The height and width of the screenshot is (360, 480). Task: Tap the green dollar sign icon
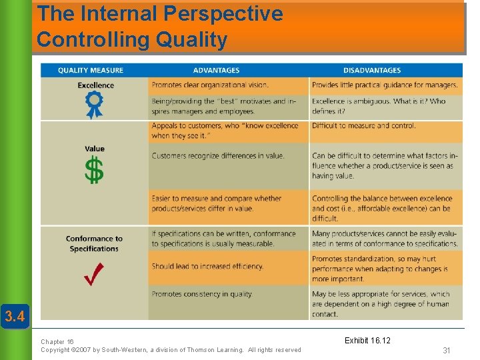pos(94,171)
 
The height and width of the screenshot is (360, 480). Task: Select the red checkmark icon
pos(94,273)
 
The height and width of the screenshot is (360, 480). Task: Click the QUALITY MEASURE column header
pos(90,70)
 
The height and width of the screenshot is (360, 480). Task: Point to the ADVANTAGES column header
pos(216,70)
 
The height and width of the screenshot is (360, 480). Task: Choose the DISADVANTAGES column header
pos(372,70)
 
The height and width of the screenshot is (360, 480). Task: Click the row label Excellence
pos(95,85)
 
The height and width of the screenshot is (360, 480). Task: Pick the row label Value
pos(95,149)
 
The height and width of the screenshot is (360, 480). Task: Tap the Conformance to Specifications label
pos(94,243)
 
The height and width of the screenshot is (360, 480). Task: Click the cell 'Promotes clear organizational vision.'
pos(210,85)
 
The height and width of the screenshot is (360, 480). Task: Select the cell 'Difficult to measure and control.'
pos(363,125)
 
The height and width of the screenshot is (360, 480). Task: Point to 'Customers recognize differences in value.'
pos(217,156)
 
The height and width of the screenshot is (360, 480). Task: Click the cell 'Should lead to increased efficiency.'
pos(207,266)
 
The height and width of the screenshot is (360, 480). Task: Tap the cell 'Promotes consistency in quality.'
pos(202,294)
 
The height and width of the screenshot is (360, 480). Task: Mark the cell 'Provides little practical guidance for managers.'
pos(385,85)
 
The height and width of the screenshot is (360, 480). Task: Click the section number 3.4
pos(15,315)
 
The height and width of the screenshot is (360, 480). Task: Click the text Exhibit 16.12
pos(367,341)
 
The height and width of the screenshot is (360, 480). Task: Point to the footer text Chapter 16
pos(57,341)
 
